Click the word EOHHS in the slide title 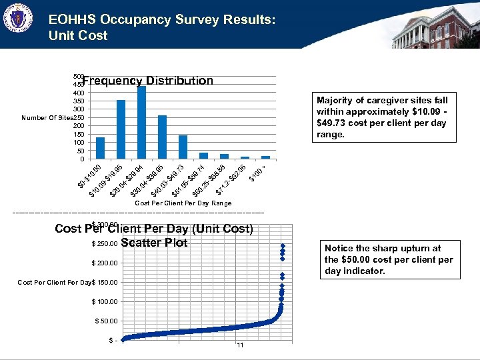coord(74,21)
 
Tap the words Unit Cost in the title coord(78,36)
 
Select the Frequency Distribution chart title coord(148,81)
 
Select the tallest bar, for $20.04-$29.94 coord(141,122)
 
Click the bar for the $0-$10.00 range coord(100,148)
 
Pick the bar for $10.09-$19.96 coord(121,129)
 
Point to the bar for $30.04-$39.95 coord(162,137)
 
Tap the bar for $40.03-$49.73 coord(183,147)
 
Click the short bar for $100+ coord(265,157)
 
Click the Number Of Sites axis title coord(47,118)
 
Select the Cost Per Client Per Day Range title coord(183,203)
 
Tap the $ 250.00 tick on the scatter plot coord(105,243)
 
